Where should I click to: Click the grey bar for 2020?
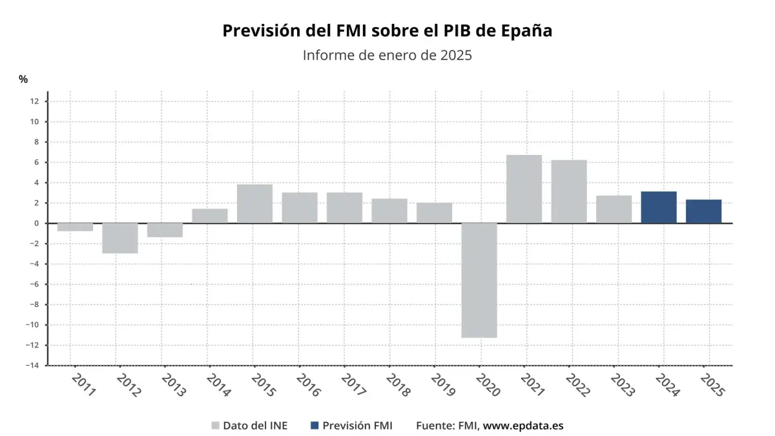click(479, 280)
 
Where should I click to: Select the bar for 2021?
click(524, 189)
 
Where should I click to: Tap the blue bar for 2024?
click(659, 207)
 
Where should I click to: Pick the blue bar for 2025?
click(703, 211)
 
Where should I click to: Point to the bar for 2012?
click(120, 238)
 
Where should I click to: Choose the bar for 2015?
click(254, 204)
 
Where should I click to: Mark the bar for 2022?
click(569, 192)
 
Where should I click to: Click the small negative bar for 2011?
click(75, 227)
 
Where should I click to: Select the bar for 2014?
click(210, 216)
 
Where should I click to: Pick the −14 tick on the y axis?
click(32, 366)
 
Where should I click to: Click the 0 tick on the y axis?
click(36, 223)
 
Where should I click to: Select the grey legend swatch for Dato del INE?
click(216, 426)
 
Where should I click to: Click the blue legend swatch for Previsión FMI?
click(315, 426)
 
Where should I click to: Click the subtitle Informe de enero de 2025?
click(387, 56)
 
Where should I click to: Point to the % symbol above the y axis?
click(23, 79)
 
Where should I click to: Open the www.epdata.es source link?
click(523, 426)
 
